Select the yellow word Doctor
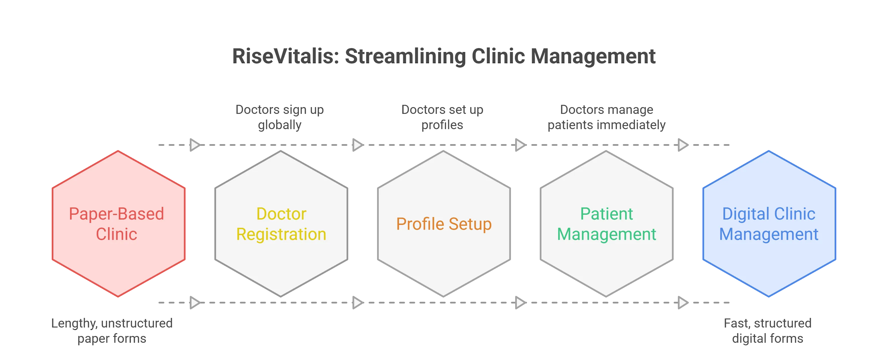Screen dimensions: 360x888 coord(281,214)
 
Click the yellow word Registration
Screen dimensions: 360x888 coord(281,235)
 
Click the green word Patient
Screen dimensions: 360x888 coord(606,214)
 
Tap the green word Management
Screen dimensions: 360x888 coord(606,235)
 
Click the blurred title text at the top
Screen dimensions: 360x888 coord(444,57)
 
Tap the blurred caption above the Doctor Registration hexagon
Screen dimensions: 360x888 coord(280,118)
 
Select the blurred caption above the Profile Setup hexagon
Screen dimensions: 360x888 coord(442,118)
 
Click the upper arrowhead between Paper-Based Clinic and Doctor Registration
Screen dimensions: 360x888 coord(195,145)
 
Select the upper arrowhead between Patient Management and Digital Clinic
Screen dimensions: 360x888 coord(683,145)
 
